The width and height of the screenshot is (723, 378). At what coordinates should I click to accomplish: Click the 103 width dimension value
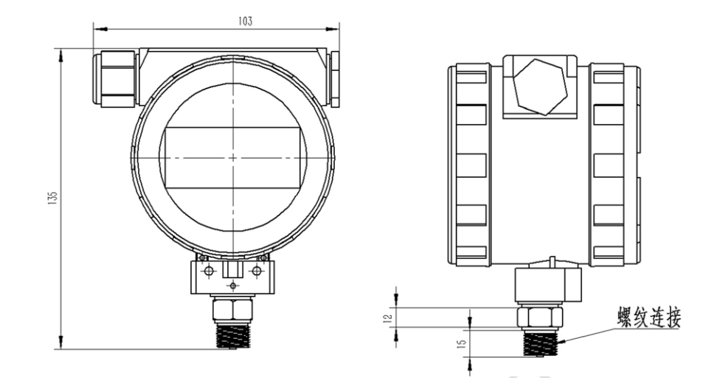[245, 21]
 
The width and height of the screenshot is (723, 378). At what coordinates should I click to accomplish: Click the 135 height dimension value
[52, 198]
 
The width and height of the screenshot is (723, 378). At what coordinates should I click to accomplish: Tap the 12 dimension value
[388, 317]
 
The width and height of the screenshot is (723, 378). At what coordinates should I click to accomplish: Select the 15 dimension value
[463, 343]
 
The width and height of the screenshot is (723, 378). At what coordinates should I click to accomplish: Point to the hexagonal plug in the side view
[540, 87]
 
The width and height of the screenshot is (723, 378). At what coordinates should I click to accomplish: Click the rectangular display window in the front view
[233, 158]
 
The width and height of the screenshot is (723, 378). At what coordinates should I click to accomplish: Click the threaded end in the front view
[233, 335]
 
